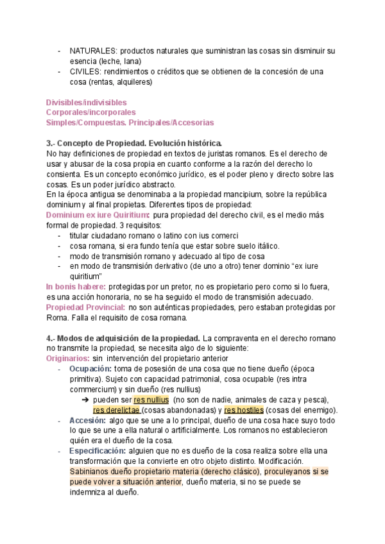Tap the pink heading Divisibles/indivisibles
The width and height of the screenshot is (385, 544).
pyautogui.click(x=87, y=102)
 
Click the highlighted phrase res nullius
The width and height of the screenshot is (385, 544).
pyautogui.click(x=151, y=399)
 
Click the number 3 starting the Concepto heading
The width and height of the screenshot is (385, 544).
pyautogui.click(x=49, y=143)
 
